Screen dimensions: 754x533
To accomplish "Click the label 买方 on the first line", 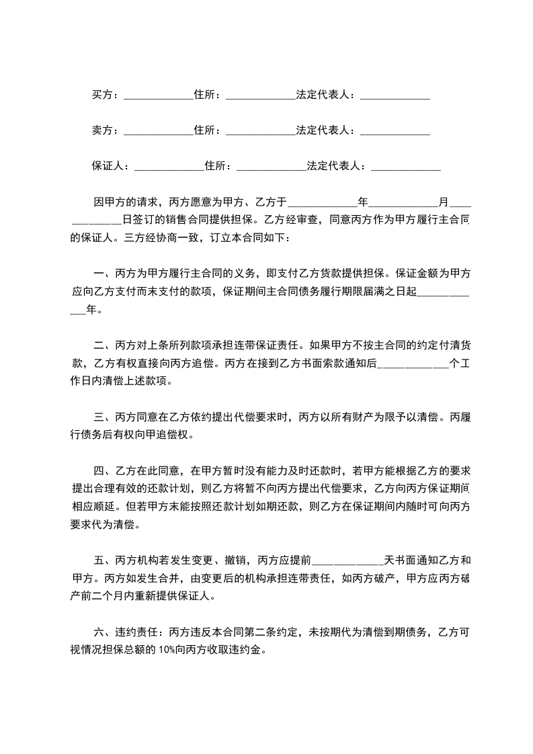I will coord(102,95).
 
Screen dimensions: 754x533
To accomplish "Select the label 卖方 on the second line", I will coord(102,130).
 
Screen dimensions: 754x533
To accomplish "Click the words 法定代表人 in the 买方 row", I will coord(323,95).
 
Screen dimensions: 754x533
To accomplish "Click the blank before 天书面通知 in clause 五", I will coord(347,560).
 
